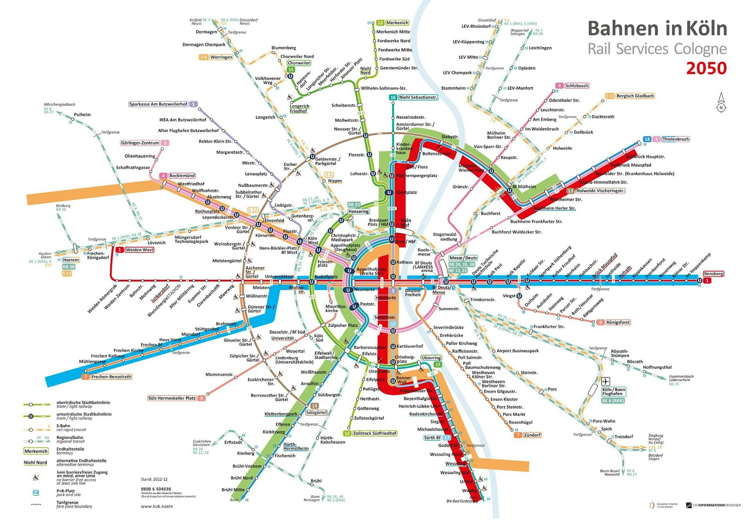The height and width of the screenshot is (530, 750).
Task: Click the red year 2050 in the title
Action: click(x=706, y=68)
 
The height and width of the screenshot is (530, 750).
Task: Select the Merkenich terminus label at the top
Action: click(x=397, y=23)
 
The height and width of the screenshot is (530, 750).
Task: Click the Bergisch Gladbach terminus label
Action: click(x=635, y=96)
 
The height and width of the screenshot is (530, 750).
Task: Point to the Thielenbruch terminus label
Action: click(x=675, y=139)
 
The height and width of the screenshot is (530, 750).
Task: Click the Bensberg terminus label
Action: click(x=713, y=274)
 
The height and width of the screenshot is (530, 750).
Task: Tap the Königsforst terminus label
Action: click(x=618, y=322)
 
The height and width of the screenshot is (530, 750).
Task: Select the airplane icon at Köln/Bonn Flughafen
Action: click(x=606, y=381)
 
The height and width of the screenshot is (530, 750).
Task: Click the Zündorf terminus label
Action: click(x=532, y=435)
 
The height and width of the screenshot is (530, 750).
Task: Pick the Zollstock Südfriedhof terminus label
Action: click(x=374, y=433)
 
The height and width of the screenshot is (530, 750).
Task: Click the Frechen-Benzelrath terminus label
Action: click(x=111, y=377)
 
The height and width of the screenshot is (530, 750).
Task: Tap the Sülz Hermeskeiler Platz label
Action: click(x=172, y=398)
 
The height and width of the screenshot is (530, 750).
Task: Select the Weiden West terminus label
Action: click(x=139, y=250)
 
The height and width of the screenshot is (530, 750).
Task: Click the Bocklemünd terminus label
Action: click(x=182, y=175)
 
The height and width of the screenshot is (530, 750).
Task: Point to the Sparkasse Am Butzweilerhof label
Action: click(x=158, y=104)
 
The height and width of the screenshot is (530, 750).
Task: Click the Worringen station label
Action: click(x=221, y=57)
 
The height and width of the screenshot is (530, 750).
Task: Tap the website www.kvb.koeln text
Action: click(x=157, y=506)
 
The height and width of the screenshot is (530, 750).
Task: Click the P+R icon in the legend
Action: click(x=36, y=493)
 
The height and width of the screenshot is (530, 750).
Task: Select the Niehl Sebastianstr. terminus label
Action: click(x=418, y=97)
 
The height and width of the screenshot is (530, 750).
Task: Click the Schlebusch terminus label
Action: click(x=576, y=86)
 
